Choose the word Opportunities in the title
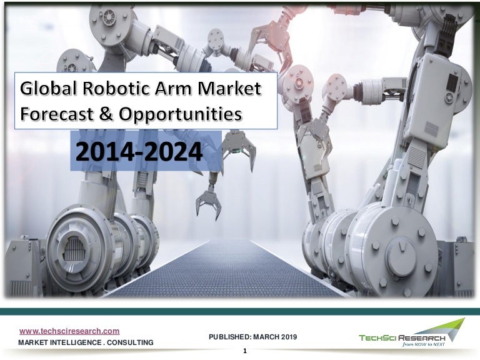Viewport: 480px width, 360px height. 179,115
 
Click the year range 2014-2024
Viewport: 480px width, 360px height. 139,151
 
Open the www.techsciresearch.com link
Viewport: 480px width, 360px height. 69,331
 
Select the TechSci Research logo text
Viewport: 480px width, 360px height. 402,338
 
